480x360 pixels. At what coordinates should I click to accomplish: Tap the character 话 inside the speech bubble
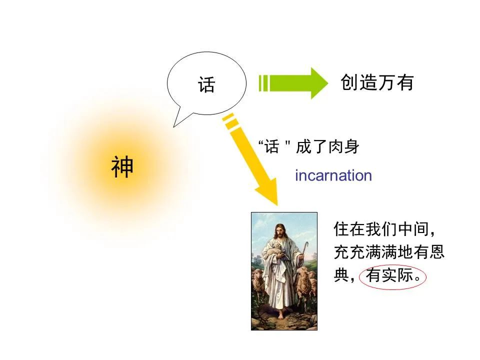coord(206,84)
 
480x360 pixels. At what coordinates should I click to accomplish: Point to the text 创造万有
coord(377,82)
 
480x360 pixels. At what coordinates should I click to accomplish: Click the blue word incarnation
coord(333,175)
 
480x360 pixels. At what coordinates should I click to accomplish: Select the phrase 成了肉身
coord(328,147)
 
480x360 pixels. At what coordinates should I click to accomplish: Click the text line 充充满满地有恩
coord(389,252)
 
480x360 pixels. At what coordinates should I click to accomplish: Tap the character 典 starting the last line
coord(341,276)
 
